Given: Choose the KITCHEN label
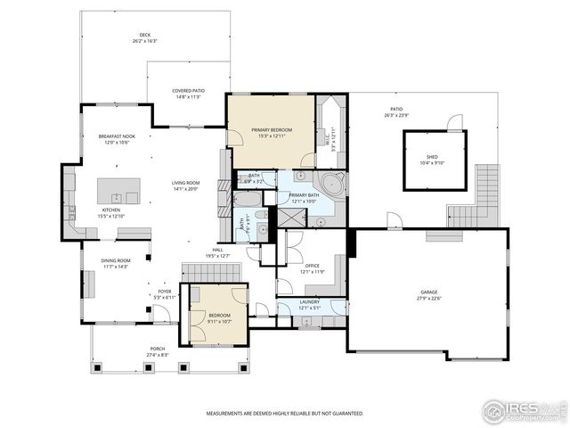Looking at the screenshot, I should tap(110, 212).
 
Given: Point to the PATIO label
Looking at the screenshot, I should tap(395, 112).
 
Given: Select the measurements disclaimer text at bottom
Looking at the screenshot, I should tap(284, 414).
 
